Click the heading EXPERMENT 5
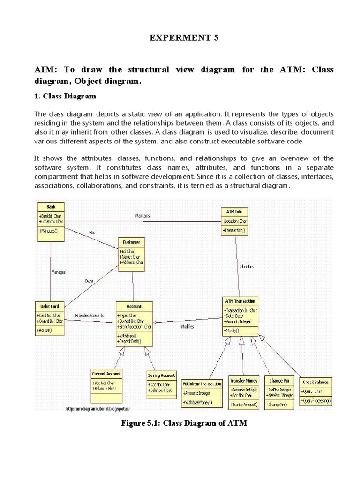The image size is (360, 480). [x=184, y=39]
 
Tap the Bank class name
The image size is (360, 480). [x=51, y=207]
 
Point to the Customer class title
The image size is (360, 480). [x=131, y=242]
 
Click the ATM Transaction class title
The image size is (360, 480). [x=240, y=301]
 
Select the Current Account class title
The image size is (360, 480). [x=106, y=374]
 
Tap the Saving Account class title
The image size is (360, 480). [x=162, y=375]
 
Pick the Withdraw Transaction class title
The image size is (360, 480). [x=202, y=383]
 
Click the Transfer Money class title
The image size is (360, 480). [x=244, y=380]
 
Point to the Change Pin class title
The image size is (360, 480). [x=279, y=380]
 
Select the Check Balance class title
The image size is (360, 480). [x=315, y=382]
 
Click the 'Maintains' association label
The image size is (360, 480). [x=142, y=216]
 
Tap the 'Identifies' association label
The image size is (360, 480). [x=247, y=266]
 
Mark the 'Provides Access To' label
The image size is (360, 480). [x=90, y=315]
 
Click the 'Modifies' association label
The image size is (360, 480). [x=187, y=326]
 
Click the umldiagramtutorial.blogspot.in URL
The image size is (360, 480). [x=98, y=409]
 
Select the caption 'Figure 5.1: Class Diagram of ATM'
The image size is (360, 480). [x=184, y=423]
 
